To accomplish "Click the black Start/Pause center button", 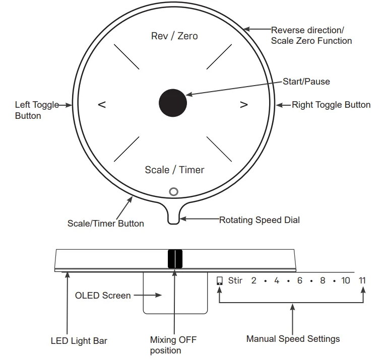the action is coord(173,103).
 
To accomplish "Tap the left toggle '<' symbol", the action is coord(102,105).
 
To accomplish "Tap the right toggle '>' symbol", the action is coord(244,105).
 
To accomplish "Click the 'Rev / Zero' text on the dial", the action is coord(174,36).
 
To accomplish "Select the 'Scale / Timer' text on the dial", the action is coord(174,170).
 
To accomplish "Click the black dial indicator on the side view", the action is coord(175,259).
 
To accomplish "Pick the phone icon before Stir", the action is coord(220,281).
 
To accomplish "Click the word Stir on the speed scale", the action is coord(235,280).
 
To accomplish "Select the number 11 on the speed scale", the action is coord(362,280).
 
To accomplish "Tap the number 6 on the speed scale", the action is coord(300,280).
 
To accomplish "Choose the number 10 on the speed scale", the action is coord(346,280).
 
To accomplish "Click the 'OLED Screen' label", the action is coord(103,296).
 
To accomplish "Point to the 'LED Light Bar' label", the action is coord(79,341).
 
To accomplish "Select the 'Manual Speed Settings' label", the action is coord(293,339).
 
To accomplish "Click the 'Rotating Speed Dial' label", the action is coord(260,220).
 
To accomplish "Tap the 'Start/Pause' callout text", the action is coord(306,82).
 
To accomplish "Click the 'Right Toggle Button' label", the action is coord(331,105).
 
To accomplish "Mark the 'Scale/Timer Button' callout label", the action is coord(106,224).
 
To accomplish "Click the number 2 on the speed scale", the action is coord(254,280).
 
